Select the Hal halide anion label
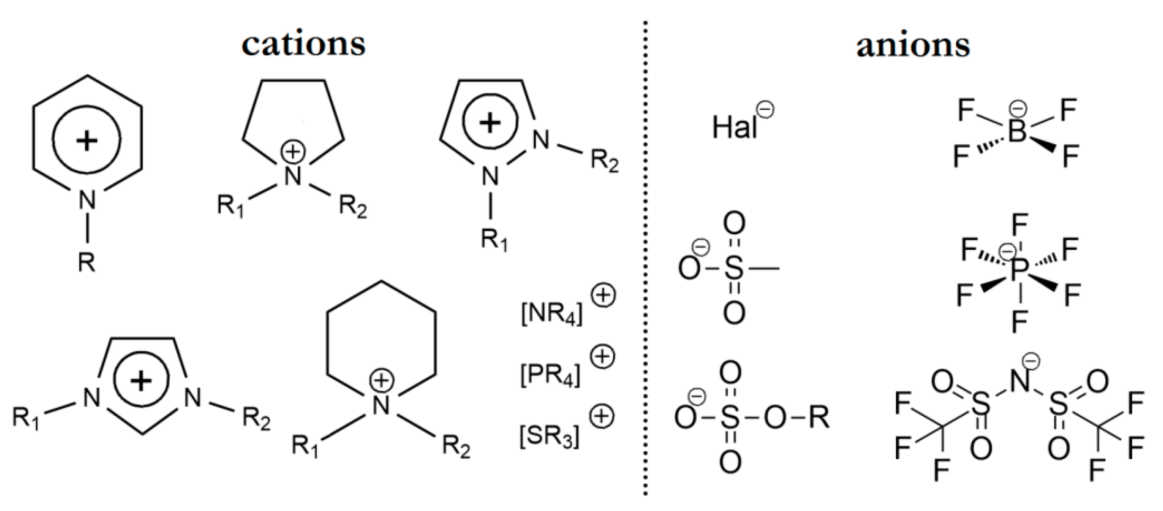click(x=735, y=127)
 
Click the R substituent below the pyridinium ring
click(x=87, y=262)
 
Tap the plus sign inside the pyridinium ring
click(x=87, y=141)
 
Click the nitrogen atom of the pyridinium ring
click(x=87, y=199)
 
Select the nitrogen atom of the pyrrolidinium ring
click(x=293, y=176)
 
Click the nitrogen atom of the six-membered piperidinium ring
click(x=382, y=404)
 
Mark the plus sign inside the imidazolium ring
click(x=141, y=381)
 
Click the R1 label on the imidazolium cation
click(x=26, y=418)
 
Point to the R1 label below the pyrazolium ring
click(x=494, y=240)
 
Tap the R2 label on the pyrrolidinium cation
click(x=353, y=207)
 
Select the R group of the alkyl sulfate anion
click(x=819, y=418)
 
